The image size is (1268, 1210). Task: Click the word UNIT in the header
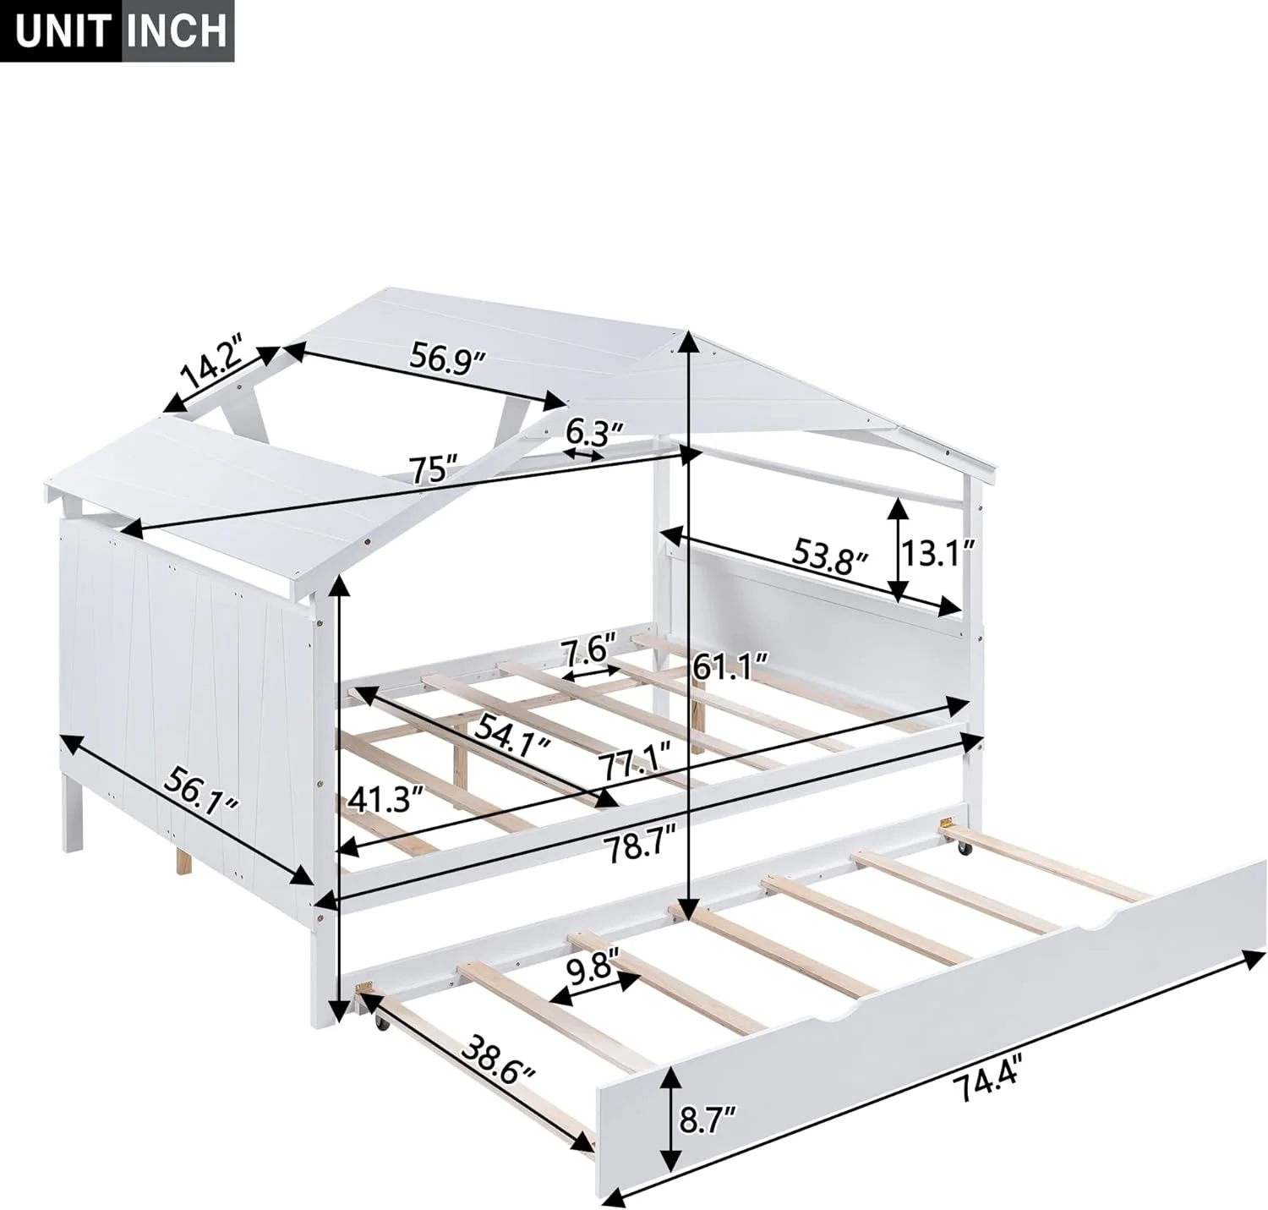click(60, 30)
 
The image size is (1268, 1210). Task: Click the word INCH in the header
click(176, 30)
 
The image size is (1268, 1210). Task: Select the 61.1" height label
click(730, 666)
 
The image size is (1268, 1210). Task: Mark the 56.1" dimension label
click(203, 793)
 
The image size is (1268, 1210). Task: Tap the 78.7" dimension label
click(641, 847)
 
